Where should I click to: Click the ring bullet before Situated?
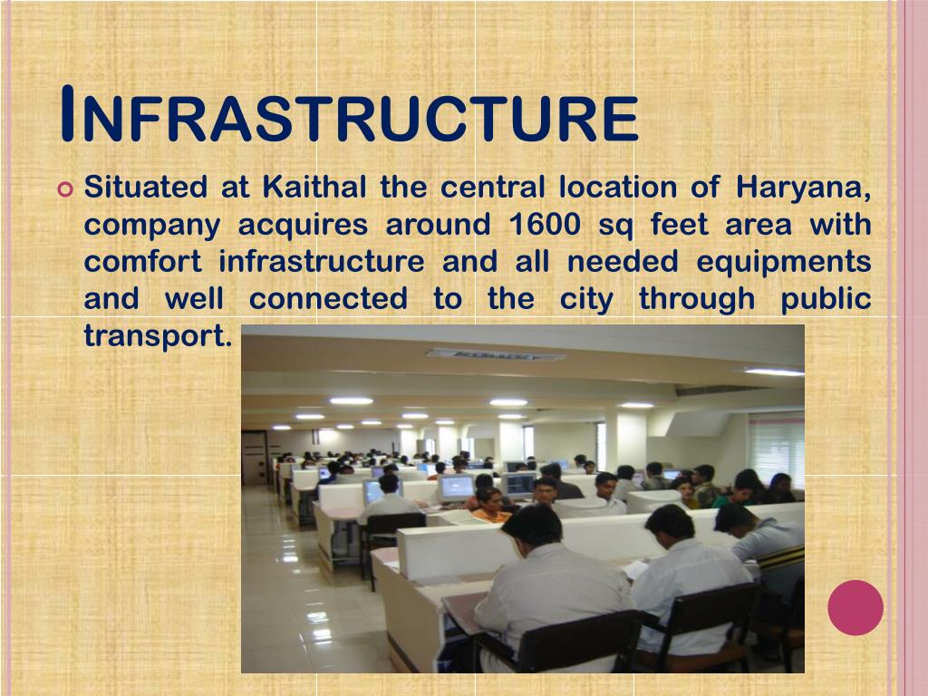(63, 190)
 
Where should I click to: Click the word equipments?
(783, 263)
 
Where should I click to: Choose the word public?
(826, 299)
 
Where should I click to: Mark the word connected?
(328, 299)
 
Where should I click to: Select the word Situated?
(145, 188)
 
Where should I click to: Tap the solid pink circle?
(855, 607)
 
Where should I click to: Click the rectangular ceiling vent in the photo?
(495, 354)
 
